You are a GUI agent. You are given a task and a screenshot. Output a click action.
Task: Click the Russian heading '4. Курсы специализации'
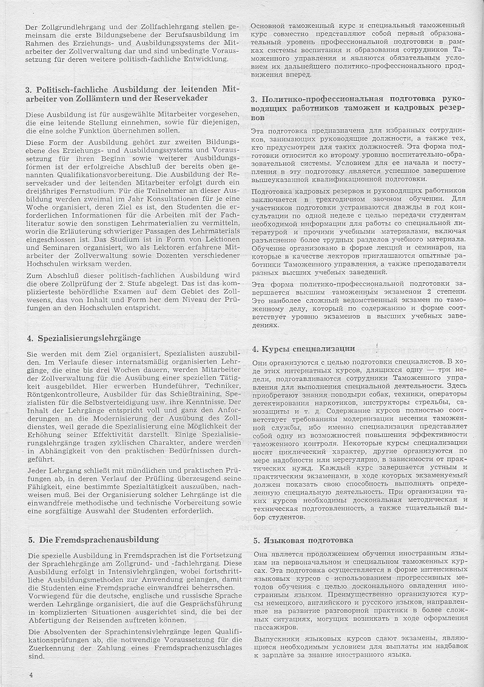coord(303,348)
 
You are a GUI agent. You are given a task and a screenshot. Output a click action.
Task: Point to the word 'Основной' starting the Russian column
coord(272,27)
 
